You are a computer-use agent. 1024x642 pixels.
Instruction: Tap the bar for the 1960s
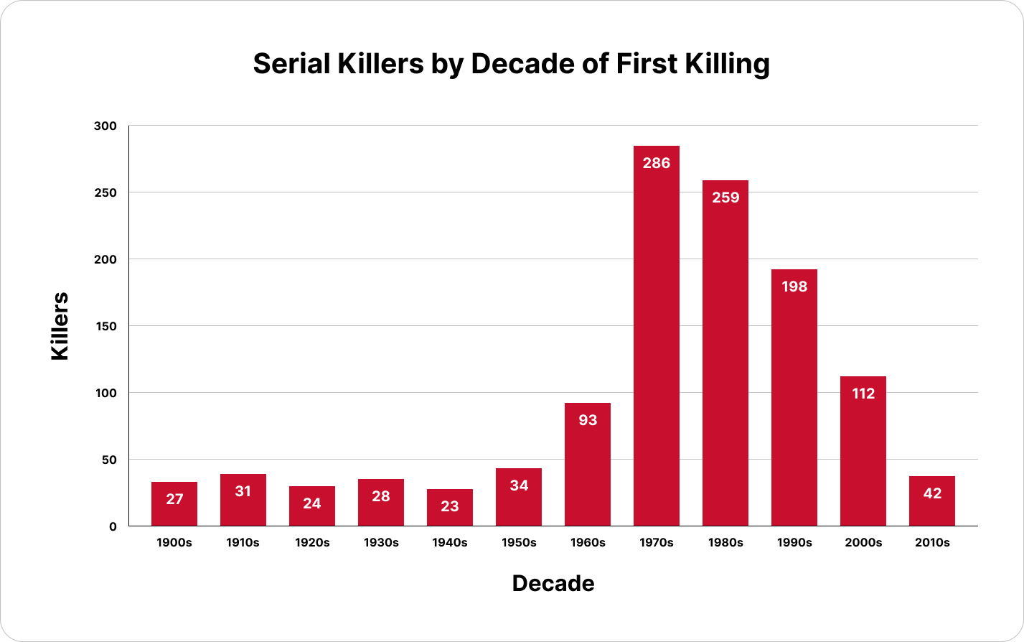click(588, 467)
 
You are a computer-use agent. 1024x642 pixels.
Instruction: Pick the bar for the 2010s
click(932, 503)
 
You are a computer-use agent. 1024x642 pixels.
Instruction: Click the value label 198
click(794, 287)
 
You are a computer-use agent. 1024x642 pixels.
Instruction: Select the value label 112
click(863, 394)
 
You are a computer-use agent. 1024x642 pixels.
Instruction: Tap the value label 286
click(657, 163)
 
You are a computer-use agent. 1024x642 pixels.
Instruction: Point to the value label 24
click(312, 503)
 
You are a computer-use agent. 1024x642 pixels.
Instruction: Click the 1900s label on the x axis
click(174, 543)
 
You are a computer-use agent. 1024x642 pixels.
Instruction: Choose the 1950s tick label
click(519, 543)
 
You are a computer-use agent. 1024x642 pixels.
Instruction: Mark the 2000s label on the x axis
click(863, 543)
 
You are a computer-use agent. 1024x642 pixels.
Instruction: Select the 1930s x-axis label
click(381, 543)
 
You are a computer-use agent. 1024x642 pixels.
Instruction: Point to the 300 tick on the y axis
click(105, 126)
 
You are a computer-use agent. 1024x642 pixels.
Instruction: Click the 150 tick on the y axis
click(105, 326)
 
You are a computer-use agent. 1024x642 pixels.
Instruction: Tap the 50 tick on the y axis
click(108, 460)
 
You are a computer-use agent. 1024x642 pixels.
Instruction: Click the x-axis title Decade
click(553, 583)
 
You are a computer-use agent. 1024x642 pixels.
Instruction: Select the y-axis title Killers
click(60, 325)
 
